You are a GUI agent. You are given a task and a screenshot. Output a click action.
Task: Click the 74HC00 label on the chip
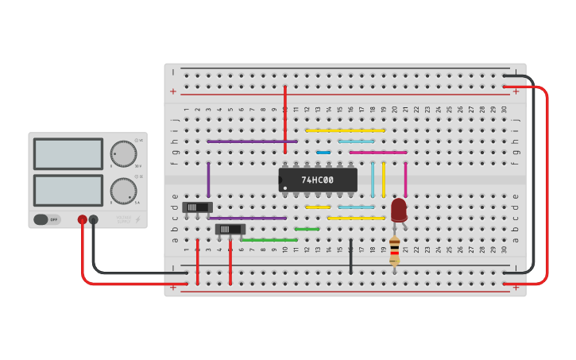318,180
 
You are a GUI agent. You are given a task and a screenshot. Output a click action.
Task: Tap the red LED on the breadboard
399,210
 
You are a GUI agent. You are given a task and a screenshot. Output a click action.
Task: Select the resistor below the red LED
395,250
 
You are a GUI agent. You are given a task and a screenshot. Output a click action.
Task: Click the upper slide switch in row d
197,207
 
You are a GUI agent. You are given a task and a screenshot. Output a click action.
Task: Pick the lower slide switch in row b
230,229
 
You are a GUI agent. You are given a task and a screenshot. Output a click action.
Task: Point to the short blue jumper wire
323,152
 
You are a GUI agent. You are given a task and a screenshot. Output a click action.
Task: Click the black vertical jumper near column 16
350,256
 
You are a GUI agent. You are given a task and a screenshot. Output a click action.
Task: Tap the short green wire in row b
307,229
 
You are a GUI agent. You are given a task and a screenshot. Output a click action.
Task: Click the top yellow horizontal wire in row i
345,130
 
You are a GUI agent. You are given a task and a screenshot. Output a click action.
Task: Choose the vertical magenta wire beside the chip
405,179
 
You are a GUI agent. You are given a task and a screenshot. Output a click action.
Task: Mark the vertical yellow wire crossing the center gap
384,179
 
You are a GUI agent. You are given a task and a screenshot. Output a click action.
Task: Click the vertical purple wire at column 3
208,180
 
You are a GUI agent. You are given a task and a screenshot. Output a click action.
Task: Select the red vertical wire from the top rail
285,119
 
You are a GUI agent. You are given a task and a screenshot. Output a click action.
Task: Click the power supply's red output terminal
82,219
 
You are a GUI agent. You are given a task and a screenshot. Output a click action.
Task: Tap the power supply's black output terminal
94,219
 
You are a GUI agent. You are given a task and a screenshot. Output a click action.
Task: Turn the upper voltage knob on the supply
123,153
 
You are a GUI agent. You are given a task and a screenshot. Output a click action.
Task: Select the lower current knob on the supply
123,191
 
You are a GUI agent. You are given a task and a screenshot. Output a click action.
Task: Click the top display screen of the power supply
68,153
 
